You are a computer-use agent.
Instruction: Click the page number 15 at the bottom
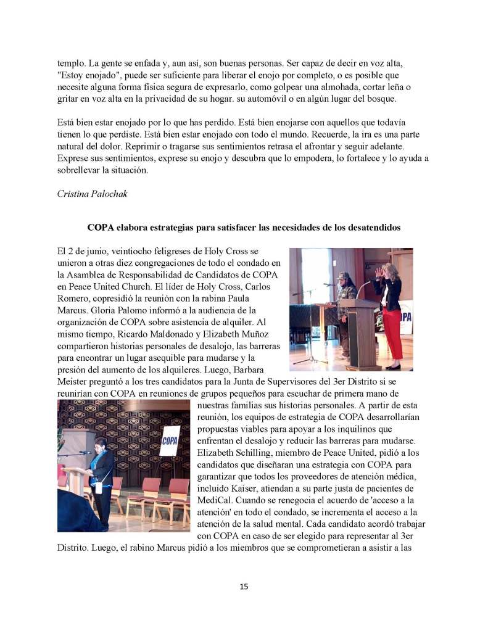244,587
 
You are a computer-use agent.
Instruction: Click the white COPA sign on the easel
169,441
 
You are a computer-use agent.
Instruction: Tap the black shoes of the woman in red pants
392,366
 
